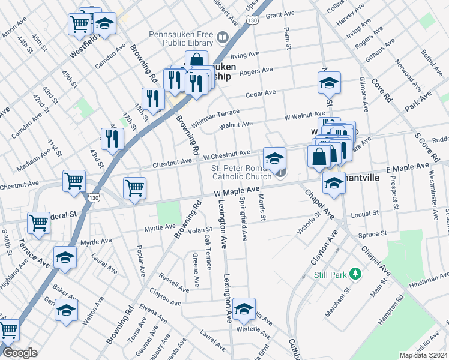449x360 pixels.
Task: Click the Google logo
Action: (20, 353)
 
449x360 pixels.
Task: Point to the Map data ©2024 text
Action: (424, 355)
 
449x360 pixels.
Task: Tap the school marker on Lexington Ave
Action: (244, 310)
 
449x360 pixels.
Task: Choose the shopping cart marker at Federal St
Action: (38, 223)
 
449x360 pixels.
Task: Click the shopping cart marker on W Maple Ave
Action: (135, 188)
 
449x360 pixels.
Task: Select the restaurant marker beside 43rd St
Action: (113, 139)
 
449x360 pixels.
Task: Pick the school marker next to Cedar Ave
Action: (329, 83)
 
